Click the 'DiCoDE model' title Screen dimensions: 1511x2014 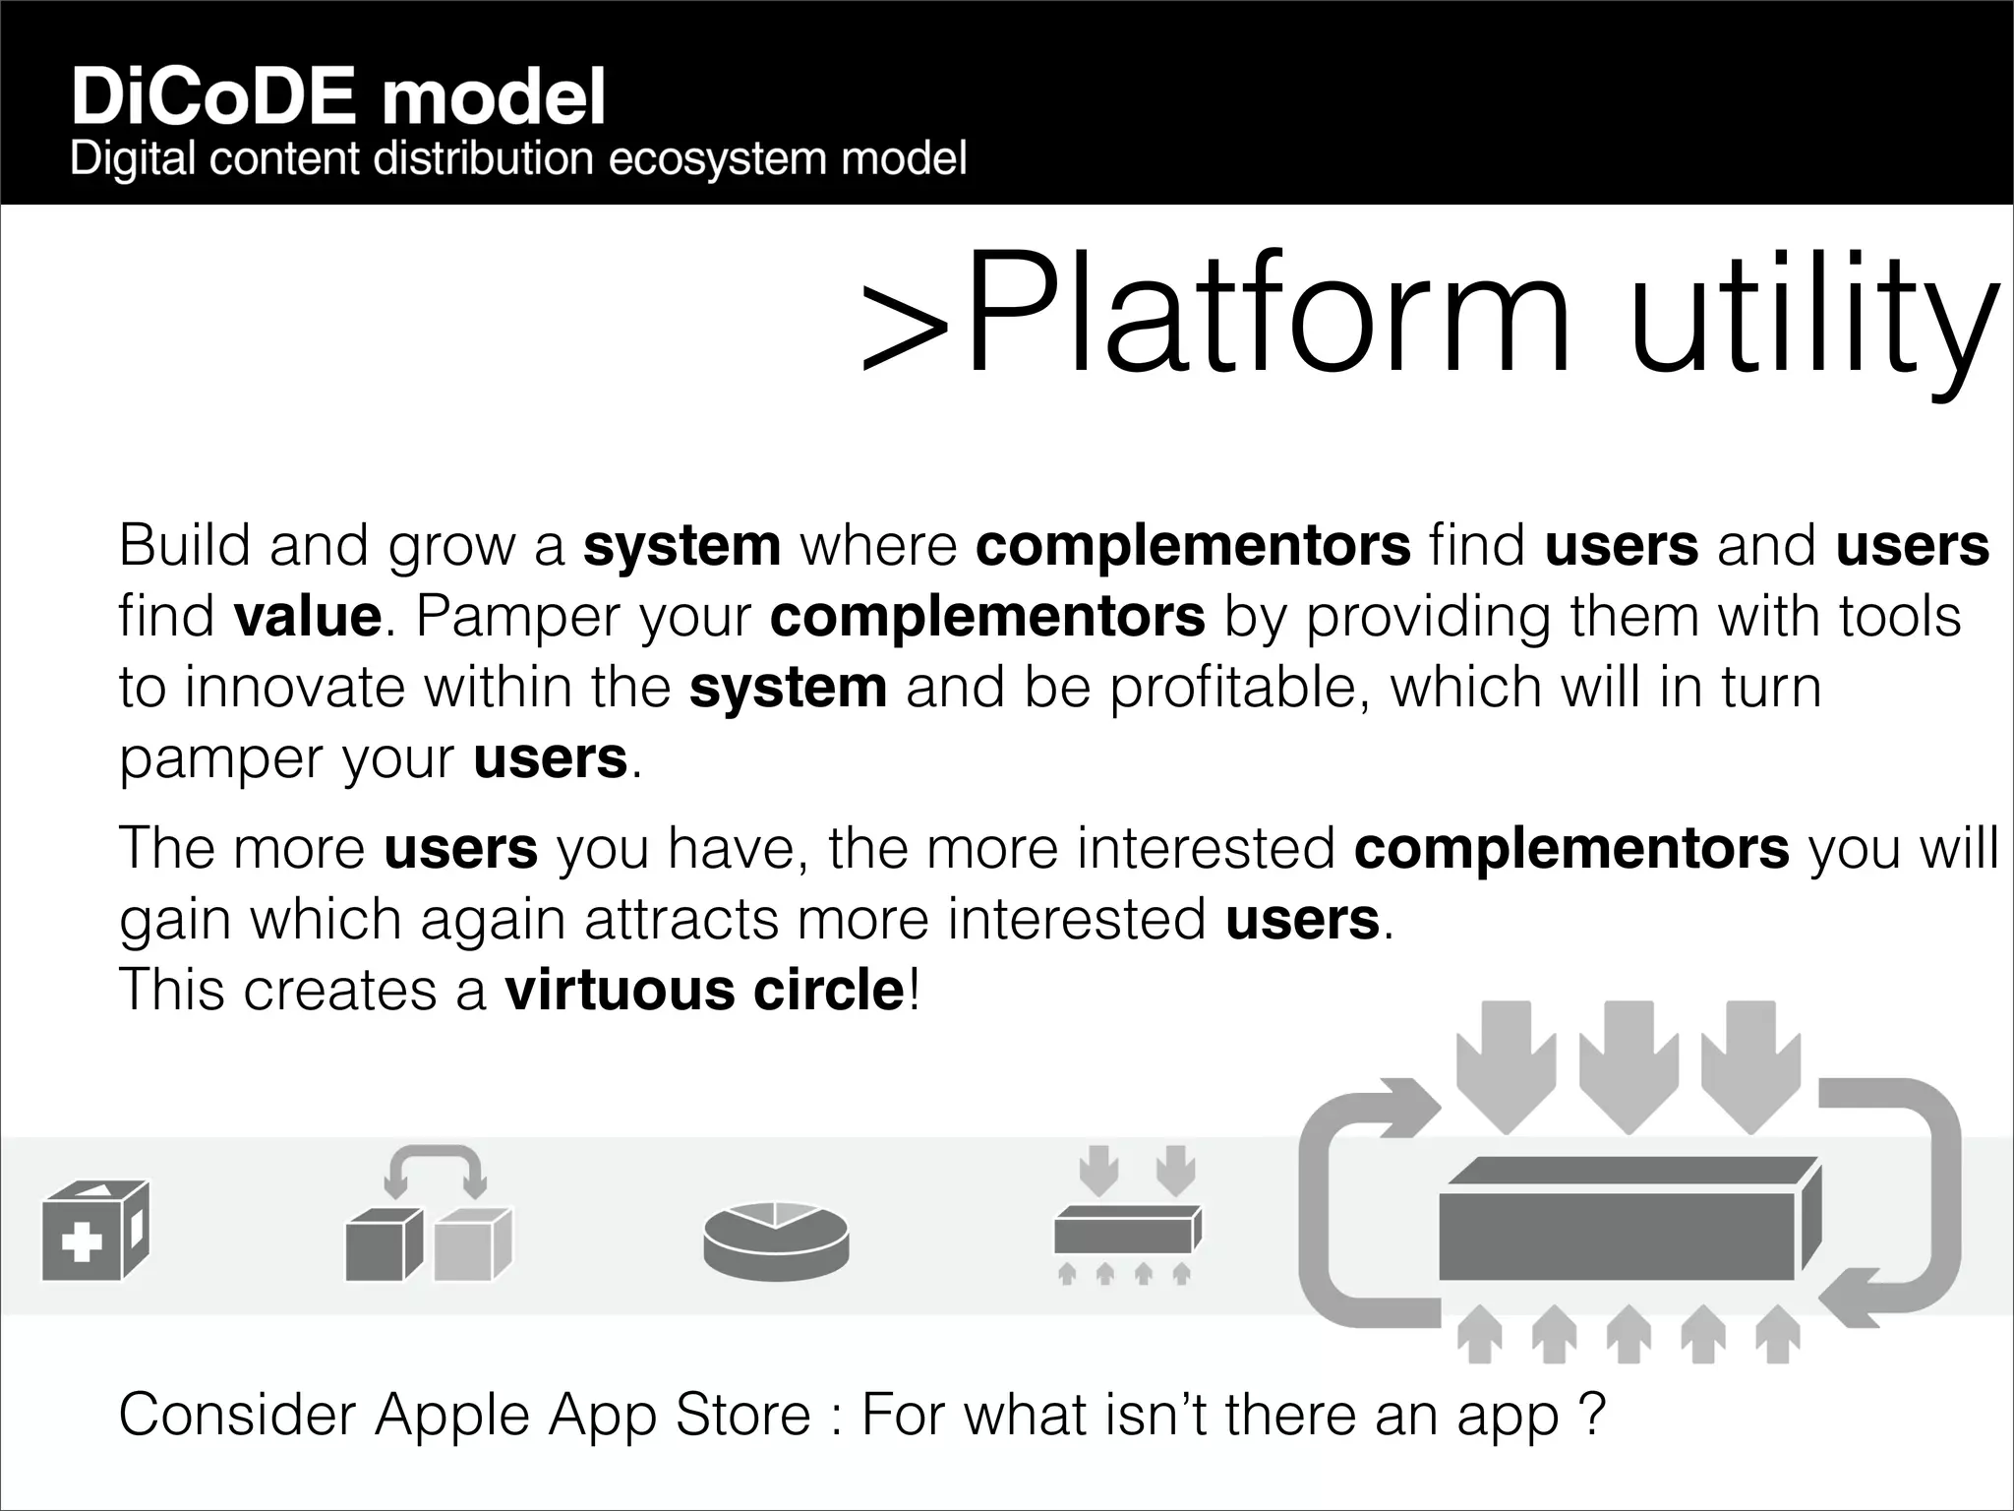click(x=337, y=97)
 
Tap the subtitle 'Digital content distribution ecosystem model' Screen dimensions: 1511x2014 click(x=518, y=159)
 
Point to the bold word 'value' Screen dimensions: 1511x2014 click(x=308, y=617)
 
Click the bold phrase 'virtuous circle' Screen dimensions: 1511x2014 click(x=704, y=990)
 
